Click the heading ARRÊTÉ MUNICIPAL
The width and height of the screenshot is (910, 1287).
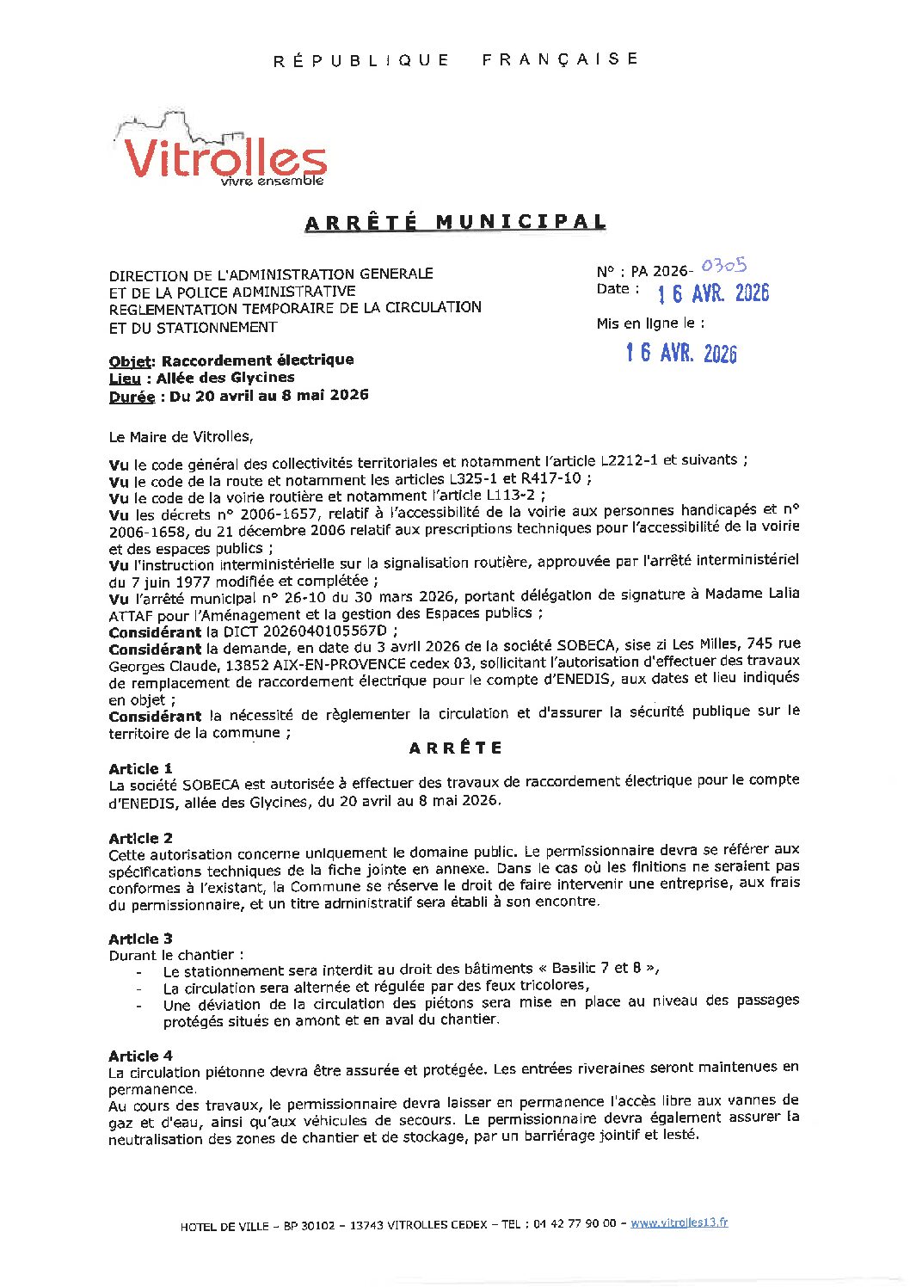pos(455,222)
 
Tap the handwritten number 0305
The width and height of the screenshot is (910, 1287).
pos(723,266)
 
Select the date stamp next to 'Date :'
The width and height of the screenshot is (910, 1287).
pos(713,294)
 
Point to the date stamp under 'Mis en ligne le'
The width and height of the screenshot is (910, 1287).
pos(681,353)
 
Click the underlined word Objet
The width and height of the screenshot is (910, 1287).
pos(131,361)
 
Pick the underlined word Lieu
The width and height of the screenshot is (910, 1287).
pos(125,379)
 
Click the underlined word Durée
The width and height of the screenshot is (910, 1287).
pos(132,397)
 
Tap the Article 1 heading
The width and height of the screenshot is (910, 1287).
pos(140,768)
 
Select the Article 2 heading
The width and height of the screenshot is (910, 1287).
pos(140,838)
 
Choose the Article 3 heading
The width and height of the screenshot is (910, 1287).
pos(140,939)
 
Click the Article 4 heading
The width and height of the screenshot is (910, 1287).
pos(140,1056)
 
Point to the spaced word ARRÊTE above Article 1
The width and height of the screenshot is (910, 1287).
pos(455,748)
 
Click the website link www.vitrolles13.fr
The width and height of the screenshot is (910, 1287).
pos(679,1222)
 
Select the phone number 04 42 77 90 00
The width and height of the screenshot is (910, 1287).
pos(575,1224)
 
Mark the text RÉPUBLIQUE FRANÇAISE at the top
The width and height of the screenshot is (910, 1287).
pos(455,59)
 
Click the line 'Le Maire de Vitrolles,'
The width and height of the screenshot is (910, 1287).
pos(181,437)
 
